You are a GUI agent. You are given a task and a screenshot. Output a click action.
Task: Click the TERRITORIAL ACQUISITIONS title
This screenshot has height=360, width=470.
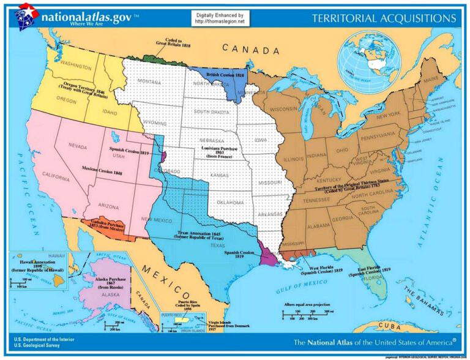click(384, 18)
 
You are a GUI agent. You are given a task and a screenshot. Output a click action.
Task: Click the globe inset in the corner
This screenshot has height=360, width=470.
click(369, 53)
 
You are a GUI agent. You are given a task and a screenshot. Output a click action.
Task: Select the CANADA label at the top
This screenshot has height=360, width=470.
click(247, 48)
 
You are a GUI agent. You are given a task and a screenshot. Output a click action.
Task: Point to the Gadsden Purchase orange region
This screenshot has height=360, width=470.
click(106, 228)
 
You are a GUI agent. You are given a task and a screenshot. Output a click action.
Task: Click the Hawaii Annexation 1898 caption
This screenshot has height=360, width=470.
click(37, 264)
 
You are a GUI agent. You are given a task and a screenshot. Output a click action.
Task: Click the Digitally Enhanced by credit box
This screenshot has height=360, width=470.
click(220, 18)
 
